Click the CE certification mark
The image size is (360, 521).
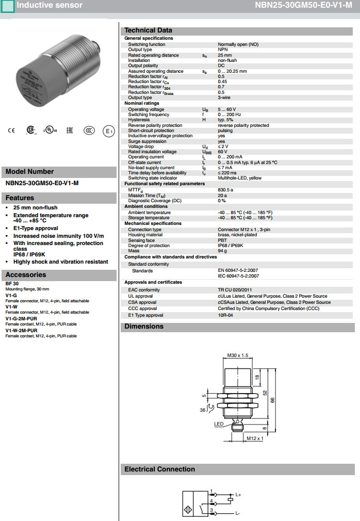coord(11,131)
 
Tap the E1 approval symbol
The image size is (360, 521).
coord(108,131)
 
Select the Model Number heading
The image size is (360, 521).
coord(29,172)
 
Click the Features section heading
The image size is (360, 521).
coord(20,198)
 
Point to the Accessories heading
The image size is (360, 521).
coord(26,275)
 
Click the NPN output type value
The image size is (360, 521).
coord(222,50)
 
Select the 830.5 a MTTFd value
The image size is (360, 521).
coord(225,190)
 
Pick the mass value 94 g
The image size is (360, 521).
coord(222,251)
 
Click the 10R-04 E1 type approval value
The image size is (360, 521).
coord(225,315)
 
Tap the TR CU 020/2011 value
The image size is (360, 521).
coord(235,290)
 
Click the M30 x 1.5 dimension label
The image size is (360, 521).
coord(238,355)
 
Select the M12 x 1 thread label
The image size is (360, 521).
coord(255,438)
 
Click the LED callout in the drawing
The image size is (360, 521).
coord(219,424)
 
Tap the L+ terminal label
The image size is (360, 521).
coord(238,495)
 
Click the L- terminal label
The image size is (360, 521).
coord(238,513)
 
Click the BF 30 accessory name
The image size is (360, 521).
coord(12,284)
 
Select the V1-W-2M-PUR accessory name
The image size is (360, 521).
coord(21,330)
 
